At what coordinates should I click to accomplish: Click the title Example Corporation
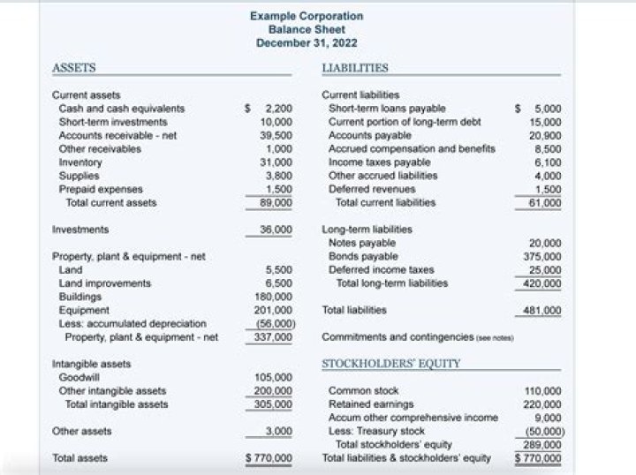tap(306, 16)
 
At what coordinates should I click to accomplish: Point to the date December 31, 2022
tap(306, 42)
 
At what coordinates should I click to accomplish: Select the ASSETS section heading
tap(74, 67)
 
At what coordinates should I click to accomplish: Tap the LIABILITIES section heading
tap(355, 67)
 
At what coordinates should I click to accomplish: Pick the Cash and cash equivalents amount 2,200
tap(278, 109)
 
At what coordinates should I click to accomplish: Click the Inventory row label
tap(77, 162)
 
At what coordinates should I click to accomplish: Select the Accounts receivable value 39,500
tap(276, 135)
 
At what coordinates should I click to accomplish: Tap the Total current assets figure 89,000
tap(276, 202)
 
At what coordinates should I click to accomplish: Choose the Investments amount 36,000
tap(276, 230)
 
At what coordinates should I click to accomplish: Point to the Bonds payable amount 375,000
tap(544, 256)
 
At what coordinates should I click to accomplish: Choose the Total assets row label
tap(80, 458)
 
